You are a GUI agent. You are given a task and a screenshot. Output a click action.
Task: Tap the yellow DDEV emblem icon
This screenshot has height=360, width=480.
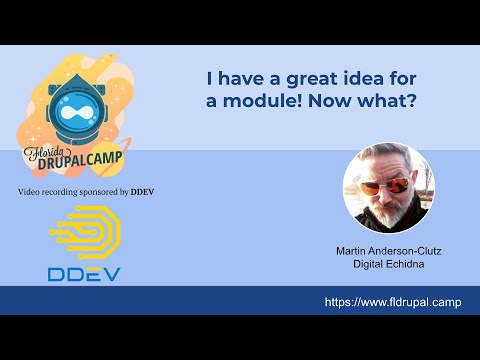84,232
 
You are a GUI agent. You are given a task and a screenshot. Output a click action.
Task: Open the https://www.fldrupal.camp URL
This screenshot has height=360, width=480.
393,302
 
